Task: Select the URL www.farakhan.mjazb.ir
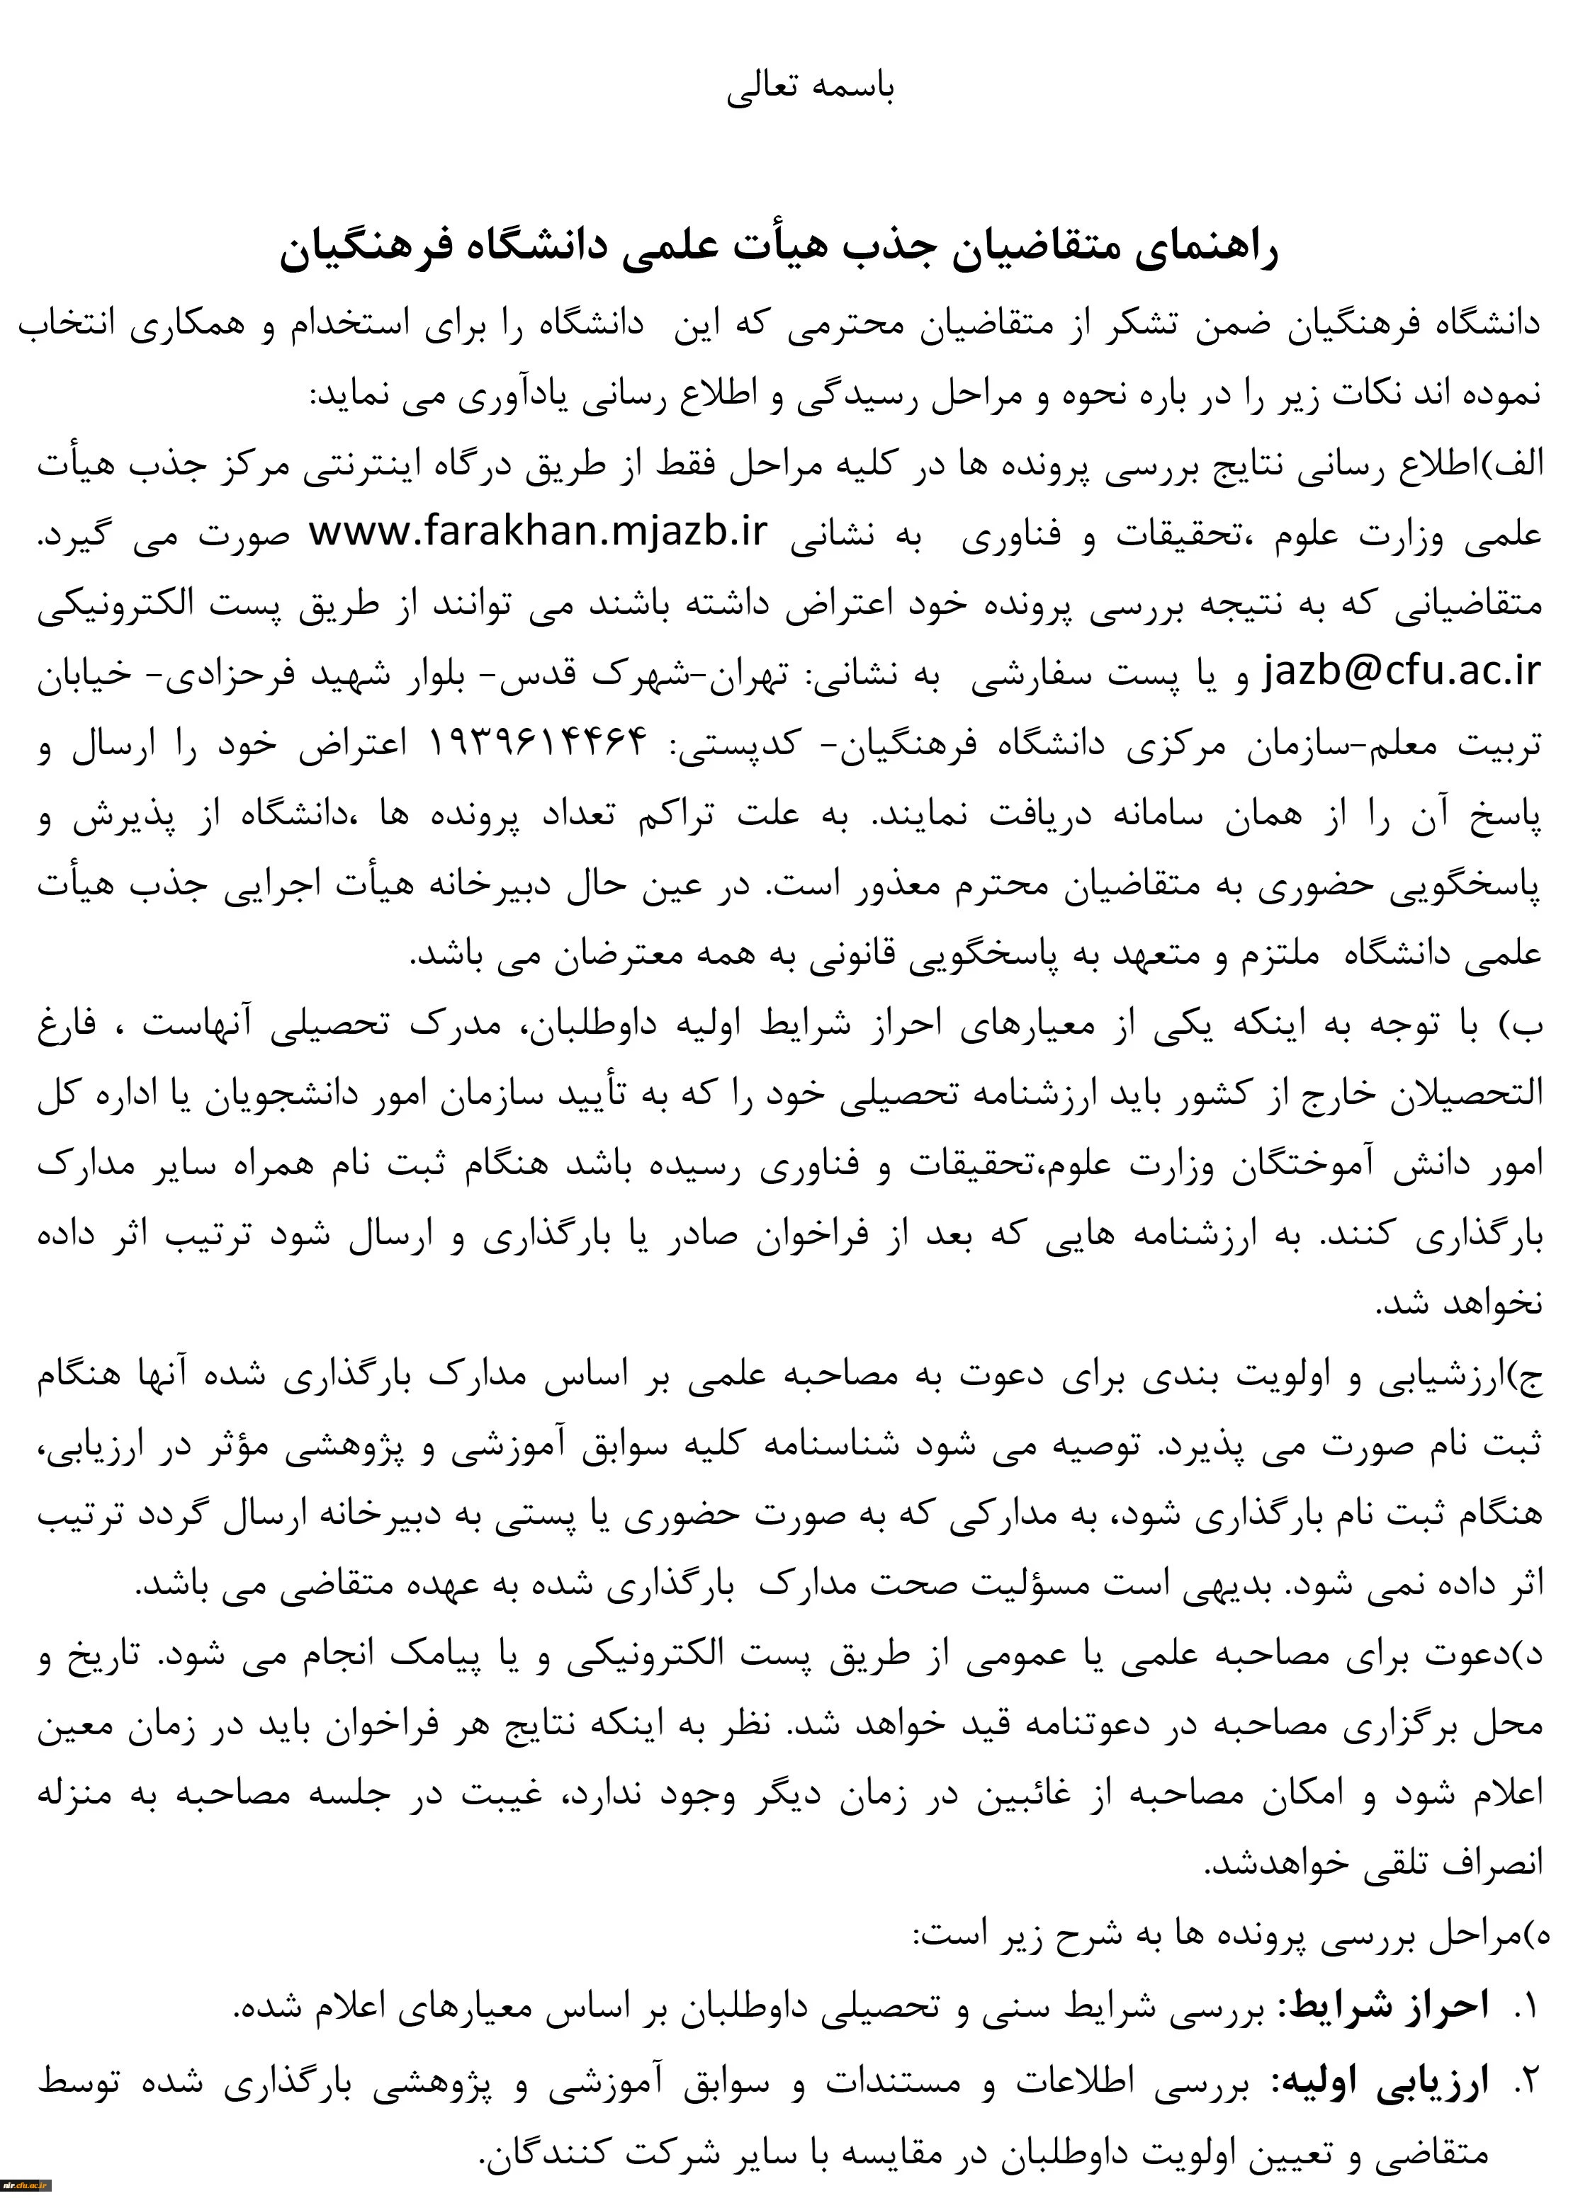tap(538, 532)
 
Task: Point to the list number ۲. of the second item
tap(1525, 2079)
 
